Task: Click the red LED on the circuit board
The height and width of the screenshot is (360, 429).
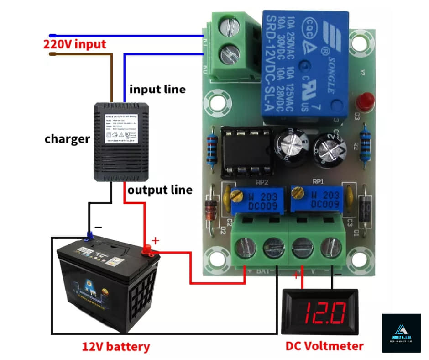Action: click(x=365, y=99)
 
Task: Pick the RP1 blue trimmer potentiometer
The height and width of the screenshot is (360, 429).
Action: click(x=316, y=200)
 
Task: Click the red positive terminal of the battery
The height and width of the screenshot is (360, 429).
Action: click(x=147, y=249)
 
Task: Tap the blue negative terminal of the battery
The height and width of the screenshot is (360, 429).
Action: click(x=89, y=236)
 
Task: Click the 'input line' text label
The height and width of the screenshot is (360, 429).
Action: click(x=157, y=89)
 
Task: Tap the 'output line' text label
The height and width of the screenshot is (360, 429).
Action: click(x=160, y=189)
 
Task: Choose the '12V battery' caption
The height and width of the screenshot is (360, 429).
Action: click(x=116, y=347)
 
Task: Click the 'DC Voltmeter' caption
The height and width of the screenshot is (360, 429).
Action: click(x=324, y=346)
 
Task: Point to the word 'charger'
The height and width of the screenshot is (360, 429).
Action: click(x=67, y=139)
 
